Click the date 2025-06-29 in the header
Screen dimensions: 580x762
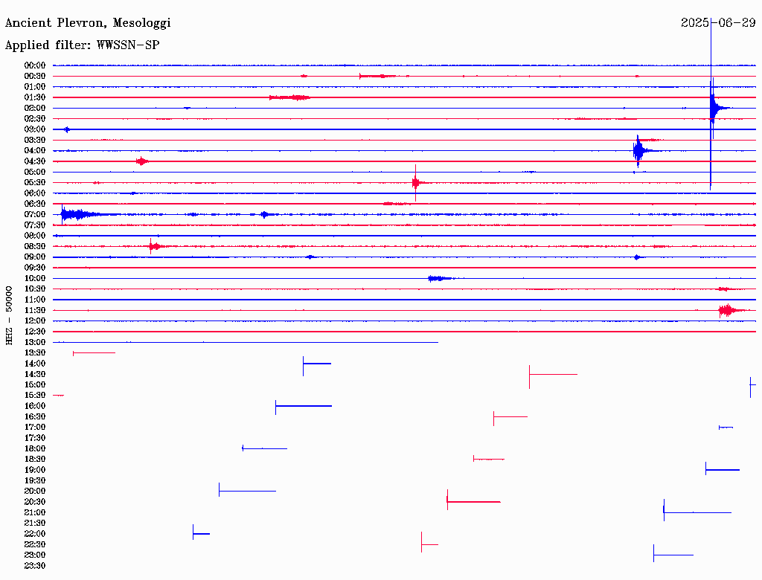click(718, 23)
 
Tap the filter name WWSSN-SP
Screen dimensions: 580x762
click(128, 45)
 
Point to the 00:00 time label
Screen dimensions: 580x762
click(36, 65)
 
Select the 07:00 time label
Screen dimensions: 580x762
click(36, 214)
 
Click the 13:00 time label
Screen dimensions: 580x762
click(36, 342)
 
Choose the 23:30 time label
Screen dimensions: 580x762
click(36, 566)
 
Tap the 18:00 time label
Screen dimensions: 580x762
click(36, 448)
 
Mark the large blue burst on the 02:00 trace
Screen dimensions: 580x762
click(714, 109)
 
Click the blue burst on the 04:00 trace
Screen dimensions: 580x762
click(638, 151)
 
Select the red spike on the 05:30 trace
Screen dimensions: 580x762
click(416, 182)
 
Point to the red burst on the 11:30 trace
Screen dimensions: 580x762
click(729, 310)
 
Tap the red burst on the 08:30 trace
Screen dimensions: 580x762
click(153, 246)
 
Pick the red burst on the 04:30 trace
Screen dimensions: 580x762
click(141, 161)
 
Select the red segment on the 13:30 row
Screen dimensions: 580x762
click(94, 352)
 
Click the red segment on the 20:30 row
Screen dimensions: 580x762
click(473, 502)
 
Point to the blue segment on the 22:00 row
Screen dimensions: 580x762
click(201, 533)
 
